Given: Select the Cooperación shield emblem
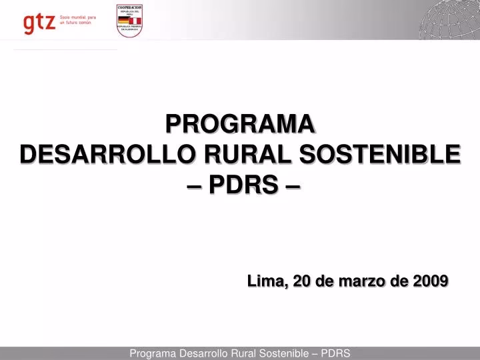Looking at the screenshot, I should [130, 21].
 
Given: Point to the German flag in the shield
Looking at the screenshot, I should [124, 21].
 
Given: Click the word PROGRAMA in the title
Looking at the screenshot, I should [240, 124].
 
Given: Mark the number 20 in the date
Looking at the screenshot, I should [302, 282].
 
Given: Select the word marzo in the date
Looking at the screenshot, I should [364, 282].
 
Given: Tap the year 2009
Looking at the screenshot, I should [430, 282].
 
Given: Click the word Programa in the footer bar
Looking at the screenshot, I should [153, 353].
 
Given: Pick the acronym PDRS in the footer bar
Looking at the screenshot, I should [336, 353].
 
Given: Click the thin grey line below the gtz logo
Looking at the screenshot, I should [65, 49].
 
